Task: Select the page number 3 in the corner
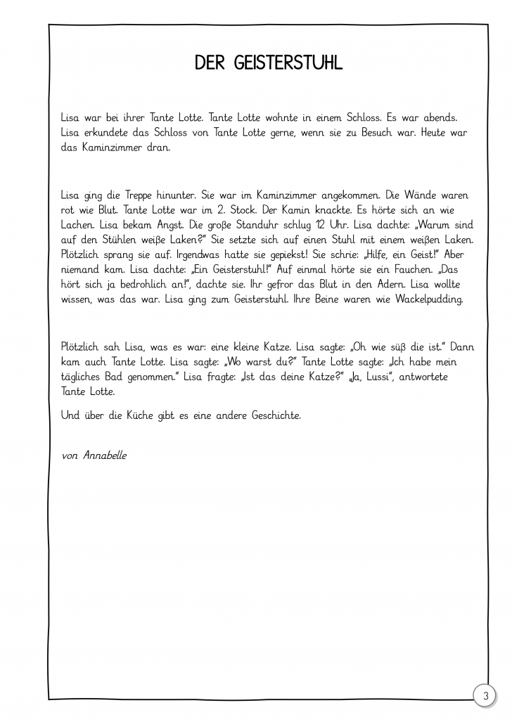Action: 485,696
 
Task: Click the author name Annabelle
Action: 105,455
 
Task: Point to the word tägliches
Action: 85,377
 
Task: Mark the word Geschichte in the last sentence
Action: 271,415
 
